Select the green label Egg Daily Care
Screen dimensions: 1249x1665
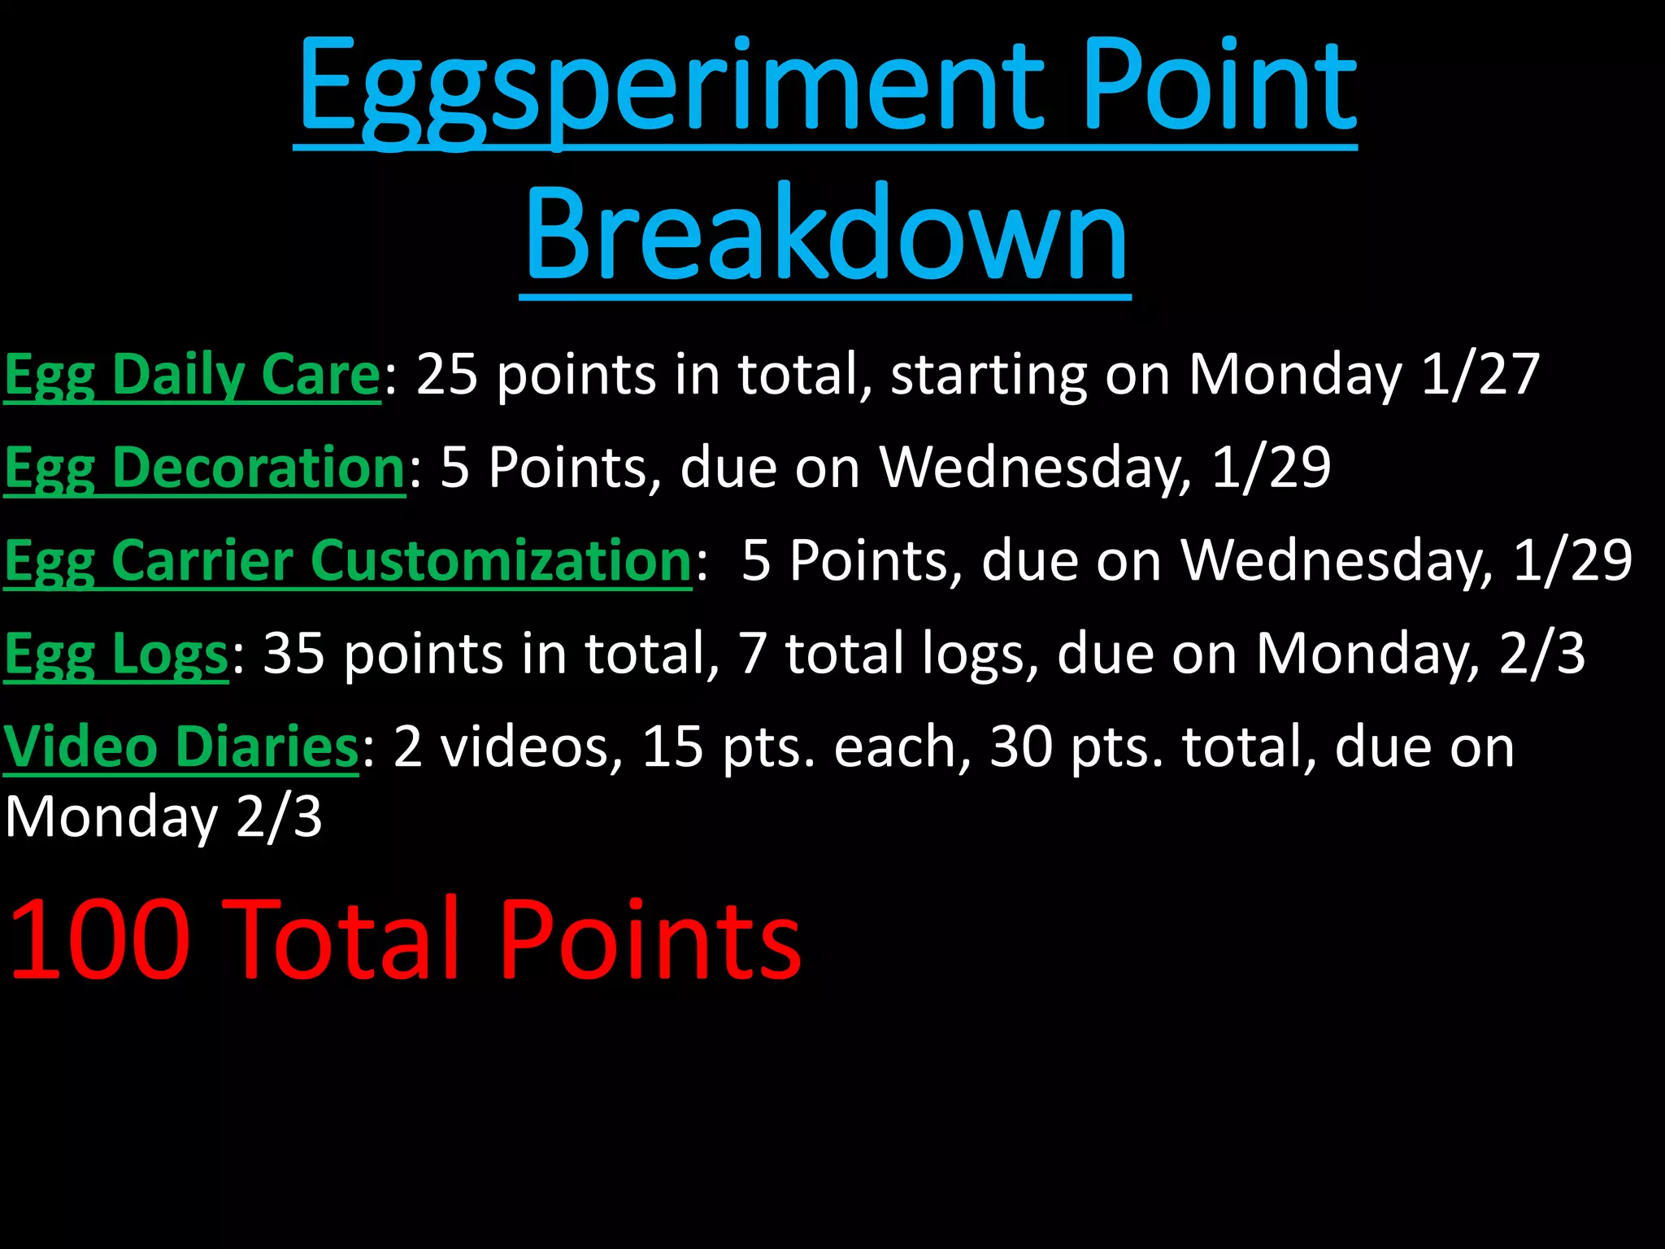pos(193,375)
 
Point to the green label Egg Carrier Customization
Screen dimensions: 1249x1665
pos(348,561)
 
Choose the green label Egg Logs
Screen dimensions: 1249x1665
pos(116,654)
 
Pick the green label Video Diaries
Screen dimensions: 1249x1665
pos(180,746)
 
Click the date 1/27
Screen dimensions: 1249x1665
pos(1480,375)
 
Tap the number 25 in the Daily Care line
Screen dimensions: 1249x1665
pos(446,375)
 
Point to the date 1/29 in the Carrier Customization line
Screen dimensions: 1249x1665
pos(1572,561)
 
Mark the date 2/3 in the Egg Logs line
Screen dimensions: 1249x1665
pos(1541,654)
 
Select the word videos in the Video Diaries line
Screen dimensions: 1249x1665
pos(532,746)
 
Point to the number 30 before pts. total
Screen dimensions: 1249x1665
pos(1021,746)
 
